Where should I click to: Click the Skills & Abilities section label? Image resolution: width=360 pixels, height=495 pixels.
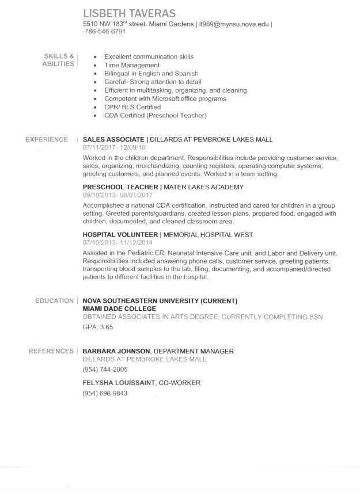(59, 60)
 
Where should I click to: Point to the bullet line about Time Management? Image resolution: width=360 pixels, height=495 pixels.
(131, 65)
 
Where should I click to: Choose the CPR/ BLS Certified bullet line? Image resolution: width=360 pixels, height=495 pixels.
(132, 107)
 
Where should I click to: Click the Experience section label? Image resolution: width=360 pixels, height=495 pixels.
(47, 139)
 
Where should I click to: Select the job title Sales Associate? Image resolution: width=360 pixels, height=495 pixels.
(113, 139)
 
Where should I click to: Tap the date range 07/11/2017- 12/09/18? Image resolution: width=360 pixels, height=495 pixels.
(115, 147)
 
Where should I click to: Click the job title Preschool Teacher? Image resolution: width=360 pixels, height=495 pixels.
(120, 187)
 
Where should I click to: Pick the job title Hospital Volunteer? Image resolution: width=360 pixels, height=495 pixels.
(120, 235)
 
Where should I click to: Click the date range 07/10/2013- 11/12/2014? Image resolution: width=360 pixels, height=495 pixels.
(120, 243)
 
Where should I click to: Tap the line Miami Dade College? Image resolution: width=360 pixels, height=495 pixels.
(119, 309)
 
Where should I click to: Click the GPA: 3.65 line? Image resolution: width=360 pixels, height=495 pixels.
(98, 327)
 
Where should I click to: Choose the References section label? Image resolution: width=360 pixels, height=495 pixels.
(51, 351)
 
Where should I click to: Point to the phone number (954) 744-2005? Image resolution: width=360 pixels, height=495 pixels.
(105, 369)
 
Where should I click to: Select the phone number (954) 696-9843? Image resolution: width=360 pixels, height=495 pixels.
(105, 393)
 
